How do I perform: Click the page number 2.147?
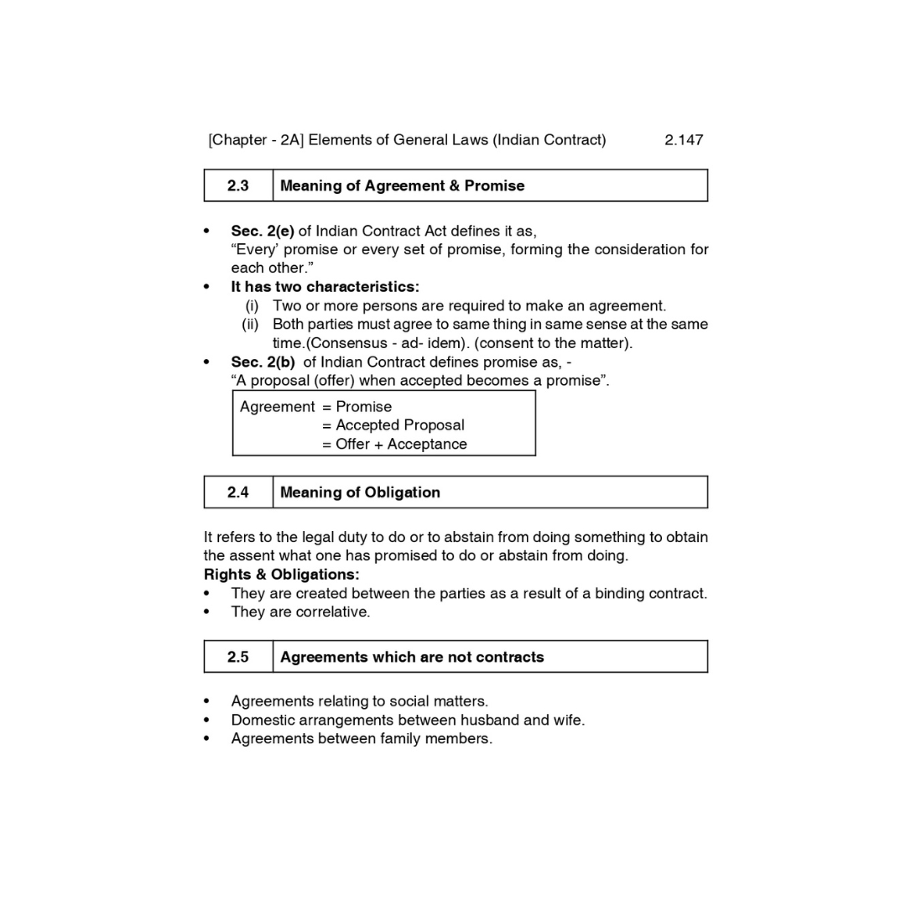[683, 140]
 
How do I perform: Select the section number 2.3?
[237, 186]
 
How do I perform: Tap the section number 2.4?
[237, 492]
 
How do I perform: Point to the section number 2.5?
[237, 657]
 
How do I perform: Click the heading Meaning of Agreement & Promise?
[402, 186]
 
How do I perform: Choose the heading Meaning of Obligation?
[360, 492]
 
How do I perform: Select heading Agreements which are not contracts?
[412, 657]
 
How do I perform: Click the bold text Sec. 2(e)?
[263, 231]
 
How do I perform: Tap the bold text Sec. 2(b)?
[263, 362]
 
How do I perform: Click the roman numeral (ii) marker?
[250, 325]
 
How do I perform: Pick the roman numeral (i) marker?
[252, 306]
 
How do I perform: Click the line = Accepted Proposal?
[393, 425]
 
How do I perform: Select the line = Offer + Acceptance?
[394, 445]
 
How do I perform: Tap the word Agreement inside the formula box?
[277, 407]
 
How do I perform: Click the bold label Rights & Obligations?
[281, 575]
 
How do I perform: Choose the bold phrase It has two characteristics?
[325, 287]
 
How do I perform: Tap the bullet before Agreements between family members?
[206, 739]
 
